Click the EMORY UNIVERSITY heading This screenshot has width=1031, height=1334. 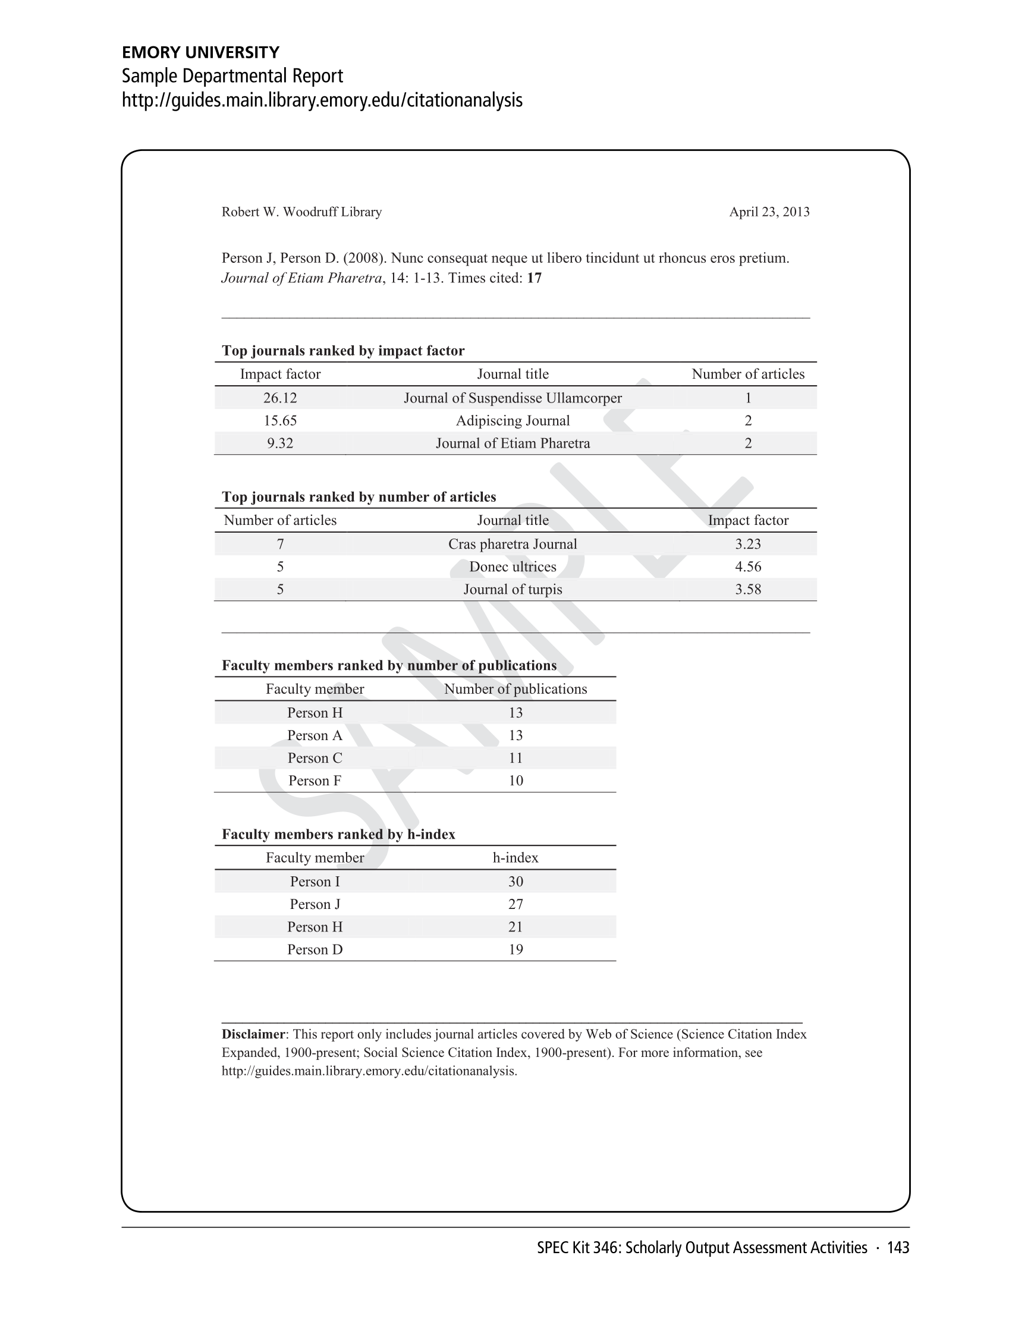200,52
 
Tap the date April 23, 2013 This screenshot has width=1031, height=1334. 769,212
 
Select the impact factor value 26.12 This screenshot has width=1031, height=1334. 279,398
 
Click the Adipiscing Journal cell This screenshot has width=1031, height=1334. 513,421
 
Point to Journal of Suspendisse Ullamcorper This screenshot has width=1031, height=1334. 513,398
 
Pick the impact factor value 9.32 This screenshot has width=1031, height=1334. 279,443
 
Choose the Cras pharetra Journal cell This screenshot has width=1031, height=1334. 513,544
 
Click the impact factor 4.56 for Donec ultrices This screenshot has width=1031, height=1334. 747,567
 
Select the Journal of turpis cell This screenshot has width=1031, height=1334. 513,590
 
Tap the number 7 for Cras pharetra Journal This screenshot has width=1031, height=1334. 279,544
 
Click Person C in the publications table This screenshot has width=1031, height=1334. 315,758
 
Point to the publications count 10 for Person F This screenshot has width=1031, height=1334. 515,781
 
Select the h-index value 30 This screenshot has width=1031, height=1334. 515,882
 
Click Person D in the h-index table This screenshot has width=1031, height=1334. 315,949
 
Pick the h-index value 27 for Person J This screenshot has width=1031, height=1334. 515,904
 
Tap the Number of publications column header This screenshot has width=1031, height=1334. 515,689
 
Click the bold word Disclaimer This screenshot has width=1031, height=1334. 253,1034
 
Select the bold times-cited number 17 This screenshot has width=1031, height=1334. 534,279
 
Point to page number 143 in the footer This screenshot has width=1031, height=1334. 898,1248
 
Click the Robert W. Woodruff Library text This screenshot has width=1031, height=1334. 301,212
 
